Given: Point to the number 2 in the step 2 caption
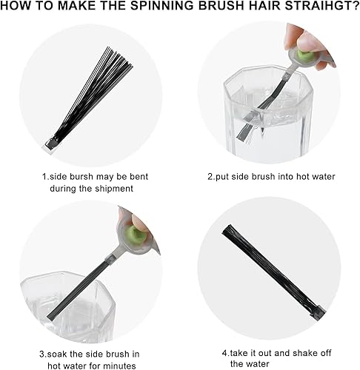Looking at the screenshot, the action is click(x=210, y=177).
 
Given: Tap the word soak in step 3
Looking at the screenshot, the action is click(x=57, y=354).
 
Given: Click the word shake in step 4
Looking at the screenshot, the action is click(x=301, y=353).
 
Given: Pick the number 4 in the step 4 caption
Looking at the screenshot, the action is click(x=224, y=353).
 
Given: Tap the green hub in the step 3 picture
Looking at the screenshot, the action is click(x=136, y=235).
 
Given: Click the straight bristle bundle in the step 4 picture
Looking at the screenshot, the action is click(x=273, y=272).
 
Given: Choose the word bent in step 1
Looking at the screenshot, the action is click(x=139, y=177).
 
